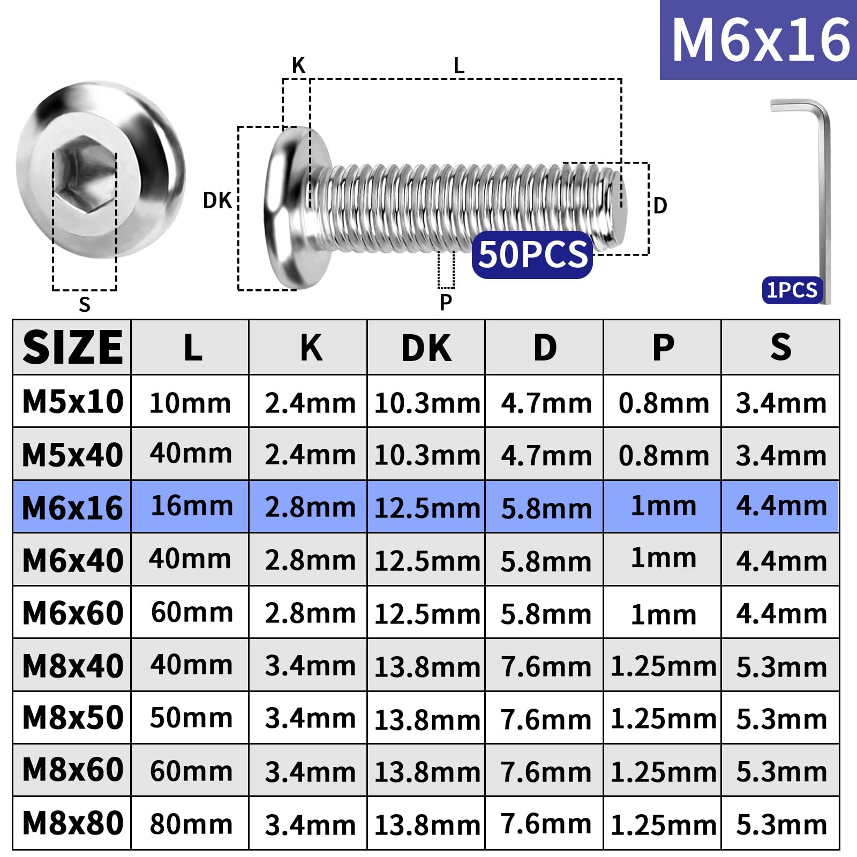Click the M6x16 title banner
click(x=758, y=40)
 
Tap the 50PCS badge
click(x=532, y=254)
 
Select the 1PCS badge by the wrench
click(x=792, y=290)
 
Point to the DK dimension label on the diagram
click(x=217, y=201)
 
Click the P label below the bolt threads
click(x=446, y=302)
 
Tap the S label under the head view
click(x=85, y=304)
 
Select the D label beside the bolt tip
click(x=660, y=206)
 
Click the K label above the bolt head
click(x=298, y=65)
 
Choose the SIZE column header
click(x=73, y=347)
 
